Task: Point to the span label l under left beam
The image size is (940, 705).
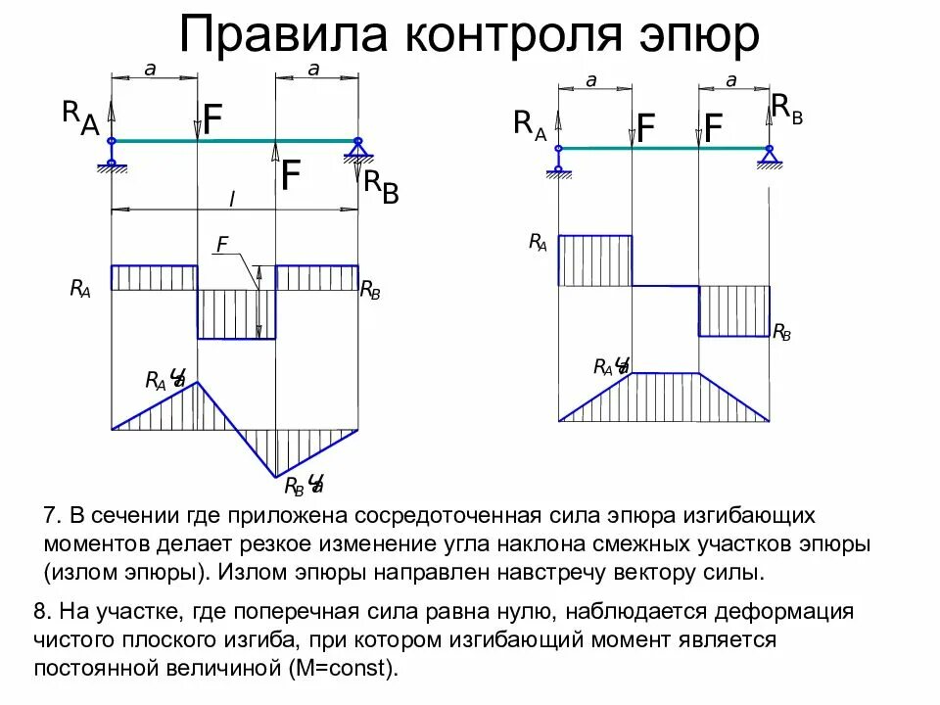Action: pos(232,199)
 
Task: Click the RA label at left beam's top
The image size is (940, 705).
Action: pos(80,117)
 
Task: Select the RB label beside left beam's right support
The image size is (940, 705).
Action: pos(381,185)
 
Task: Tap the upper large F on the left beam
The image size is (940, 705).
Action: pos(212,119)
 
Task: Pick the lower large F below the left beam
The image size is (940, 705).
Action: pos(291,176)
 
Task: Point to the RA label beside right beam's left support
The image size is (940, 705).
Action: pos(529,125)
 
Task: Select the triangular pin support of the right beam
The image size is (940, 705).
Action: pos(770,155)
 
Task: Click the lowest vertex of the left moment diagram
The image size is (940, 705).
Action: pos(276,477)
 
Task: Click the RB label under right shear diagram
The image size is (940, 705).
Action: pos(781,333)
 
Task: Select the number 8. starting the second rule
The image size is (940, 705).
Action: pos(42,613)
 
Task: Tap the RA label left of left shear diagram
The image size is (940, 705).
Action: pos(79,288)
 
